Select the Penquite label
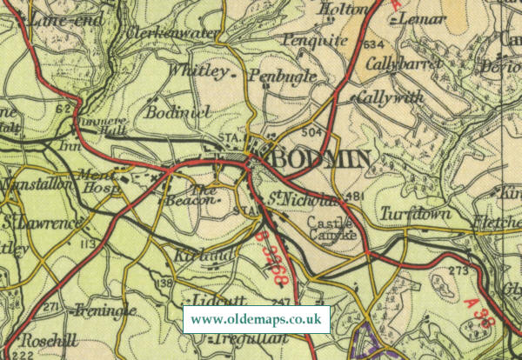coord(315,40)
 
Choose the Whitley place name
coord(200,70)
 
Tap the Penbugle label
coord(282,77)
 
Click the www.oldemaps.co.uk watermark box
coord(257,319)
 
